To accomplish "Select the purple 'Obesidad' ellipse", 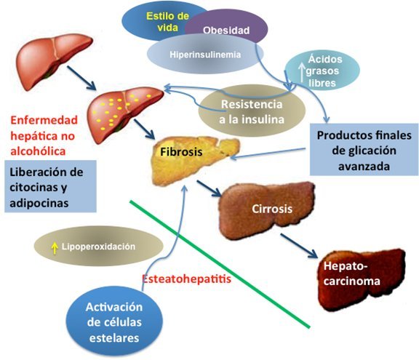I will pos(226,31).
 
